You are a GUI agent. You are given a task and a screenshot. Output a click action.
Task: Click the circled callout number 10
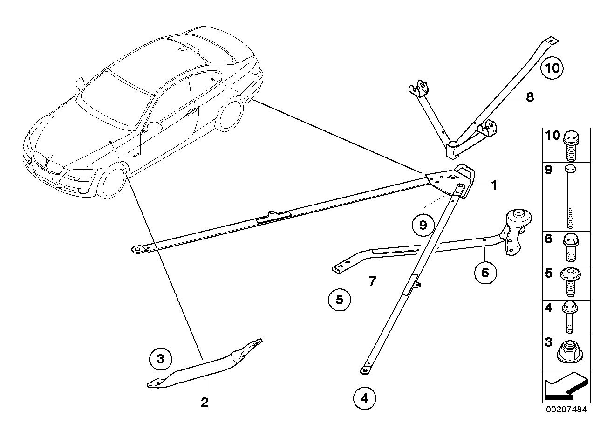[552, 68]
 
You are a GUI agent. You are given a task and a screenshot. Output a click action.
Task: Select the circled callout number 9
[423, 226]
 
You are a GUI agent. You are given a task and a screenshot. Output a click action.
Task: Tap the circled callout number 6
[485, 272]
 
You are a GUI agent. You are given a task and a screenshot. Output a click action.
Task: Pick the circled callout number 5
[339, 300]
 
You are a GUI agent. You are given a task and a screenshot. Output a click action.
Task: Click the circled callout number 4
[365, 398]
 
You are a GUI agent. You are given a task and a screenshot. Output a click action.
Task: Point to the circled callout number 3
[161, 359]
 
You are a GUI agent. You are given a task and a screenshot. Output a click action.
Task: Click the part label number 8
[529, 97]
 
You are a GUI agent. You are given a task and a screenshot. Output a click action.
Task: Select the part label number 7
[373, 281]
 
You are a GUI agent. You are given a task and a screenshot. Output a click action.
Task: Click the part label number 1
[494, 185]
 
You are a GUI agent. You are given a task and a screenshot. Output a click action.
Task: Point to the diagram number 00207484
[566, 410]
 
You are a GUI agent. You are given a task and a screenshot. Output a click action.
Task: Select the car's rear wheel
[230, 113]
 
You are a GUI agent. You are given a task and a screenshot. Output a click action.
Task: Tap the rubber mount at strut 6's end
[518, 221]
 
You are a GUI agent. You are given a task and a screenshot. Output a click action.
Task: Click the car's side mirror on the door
[153, 126]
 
